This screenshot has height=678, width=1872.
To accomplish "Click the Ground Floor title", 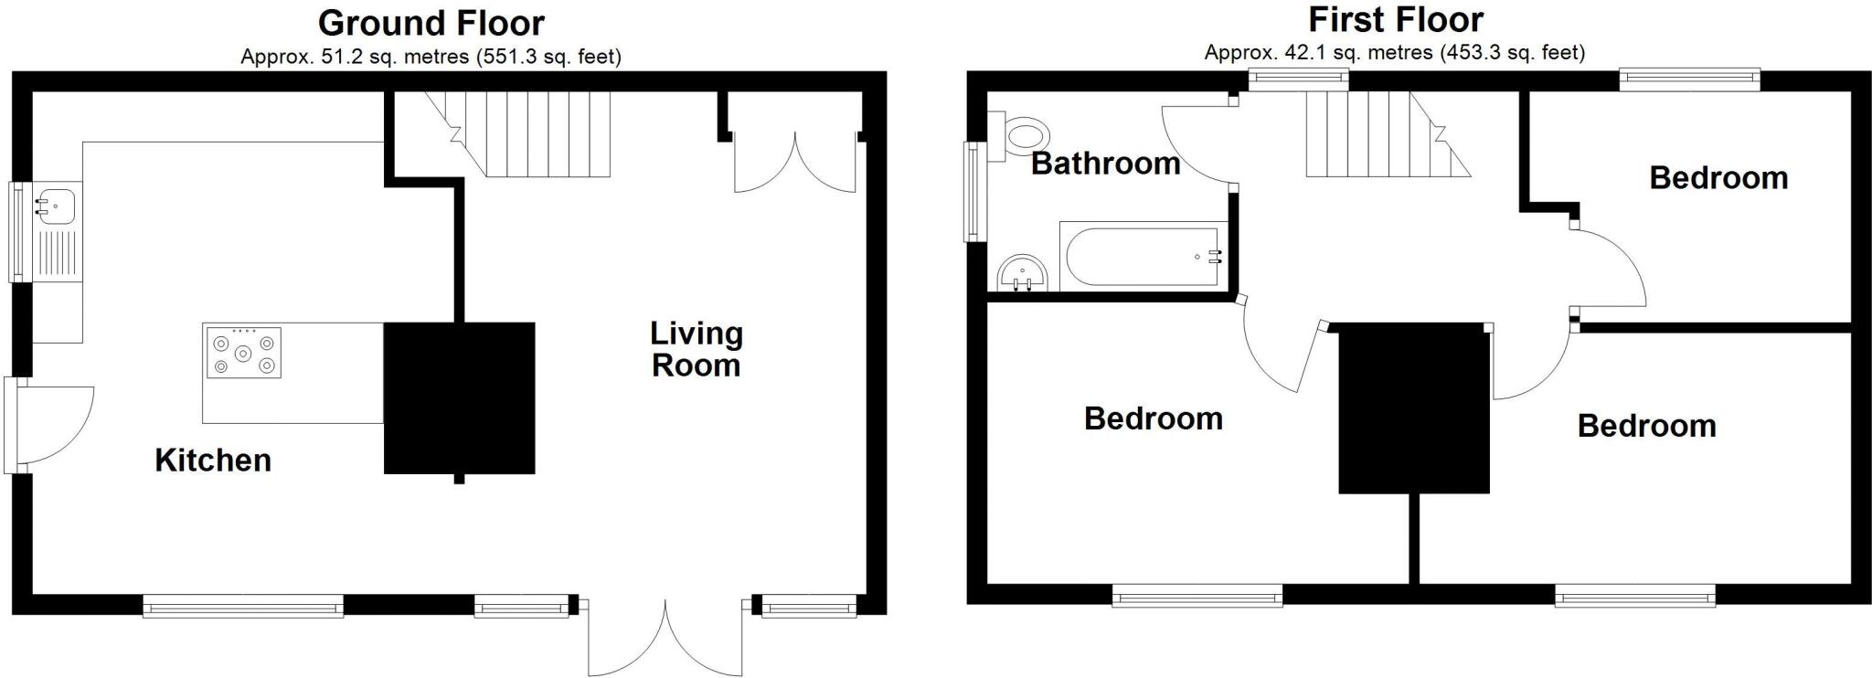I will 431,22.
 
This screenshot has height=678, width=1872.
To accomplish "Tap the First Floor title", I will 1395,19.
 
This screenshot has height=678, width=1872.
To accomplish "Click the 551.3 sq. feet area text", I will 548,57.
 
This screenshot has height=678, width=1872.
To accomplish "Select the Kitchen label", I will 213,460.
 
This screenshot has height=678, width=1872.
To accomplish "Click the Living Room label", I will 696,349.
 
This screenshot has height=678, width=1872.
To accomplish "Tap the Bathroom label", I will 1105,164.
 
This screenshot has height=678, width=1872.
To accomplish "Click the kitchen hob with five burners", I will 242,353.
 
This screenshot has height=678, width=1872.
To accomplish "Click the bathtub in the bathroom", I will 1143,255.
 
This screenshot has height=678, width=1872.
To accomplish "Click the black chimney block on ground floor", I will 459,397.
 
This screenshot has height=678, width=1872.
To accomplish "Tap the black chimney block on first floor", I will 1413,409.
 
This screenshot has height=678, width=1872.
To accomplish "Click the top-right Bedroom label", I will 1718,177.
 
